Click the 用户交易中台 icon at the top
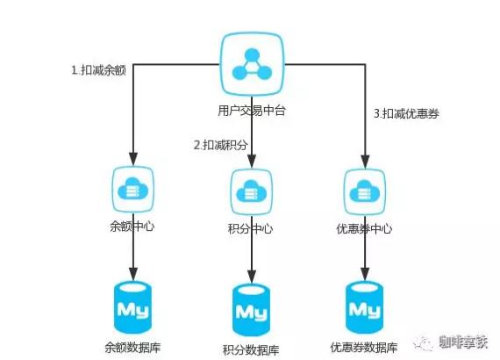point(252,64)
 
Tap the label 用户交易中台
point(252,111)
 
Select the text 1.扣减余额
point(98,70)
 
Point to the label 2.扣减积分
point(221,145)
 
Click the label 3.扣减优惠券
point(406,113)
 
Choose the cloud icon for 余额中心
point(133,190)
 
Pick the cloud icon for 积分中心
point(252,191)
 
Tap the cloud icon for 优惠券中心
point(365,191)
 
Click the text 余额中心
point(132,227)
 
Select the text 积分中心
point(251,228)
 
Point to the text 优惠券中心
point(365,228)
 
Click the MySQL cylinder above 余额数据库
point(133,307)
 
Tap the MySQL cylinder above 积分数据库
point(252,310)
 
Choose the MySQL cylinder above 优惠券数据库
point(365,307)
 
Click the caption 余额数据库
point(132,347)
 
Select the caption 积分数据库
point(251,349)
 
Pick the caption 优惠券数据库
point(364,347)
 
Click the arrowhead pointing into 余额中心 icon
point(133,159)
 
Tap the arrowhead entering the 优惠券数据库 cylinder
point(365,275)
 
